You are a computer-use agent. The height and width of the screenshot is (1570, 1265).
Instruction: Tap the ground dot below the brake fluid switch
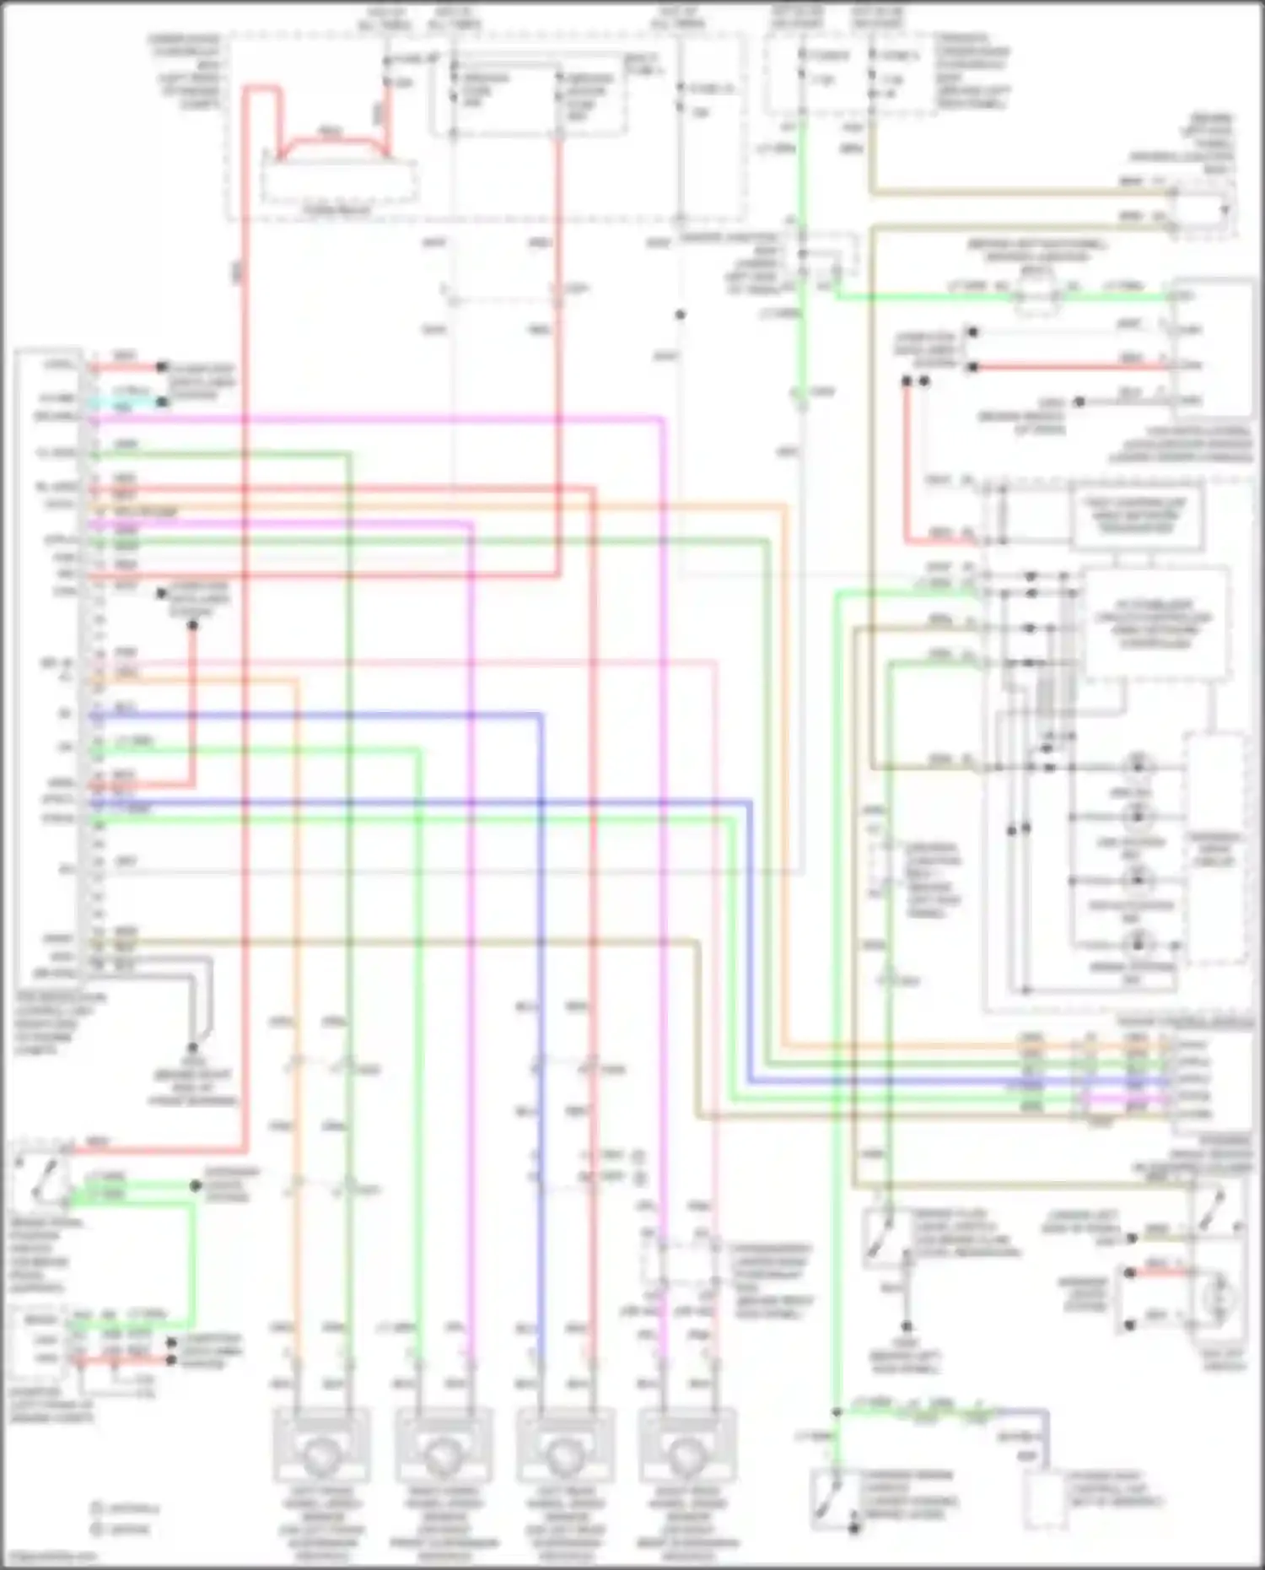[x=907, y=1326]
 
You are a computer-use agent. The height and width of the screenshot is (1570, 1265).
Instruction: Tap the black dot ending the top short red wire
[x=162, y=367]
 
